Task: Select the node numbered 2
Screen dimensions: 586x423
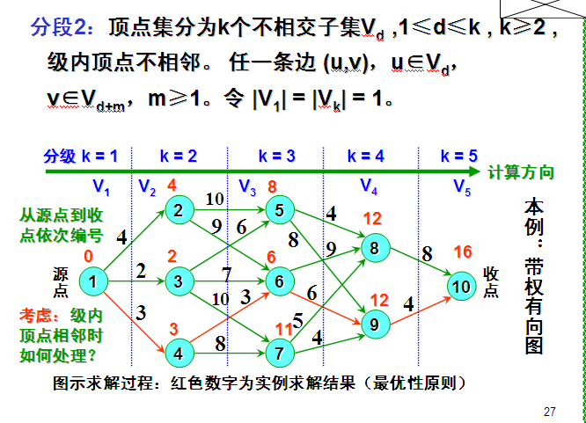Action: (x=179, y=210)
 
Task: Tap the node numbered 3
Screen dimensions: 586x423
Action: (x=179, y=281)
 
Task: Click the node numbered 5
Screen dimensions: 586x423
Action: (x=278, y=210)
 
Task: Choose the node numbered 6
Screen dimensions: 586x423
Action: (x=278, y=281)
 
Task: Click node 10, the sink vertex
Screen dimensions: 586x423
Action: (x=461, y=286)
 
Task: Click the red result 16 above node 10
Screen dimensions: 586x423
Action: (x=463, y=252)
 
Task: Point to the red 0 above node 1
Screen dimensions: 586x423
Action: (x=88, y=256)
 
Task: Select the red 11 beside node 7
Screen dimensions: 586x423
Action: (x=283, y=330)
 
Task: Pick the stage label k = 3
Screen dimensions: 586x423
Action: (x=276, y=157)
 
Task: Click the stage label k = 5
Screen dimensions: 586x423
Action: (x=460, y=157)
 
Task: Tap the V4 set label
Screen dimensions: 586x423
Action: (x=369, y=186)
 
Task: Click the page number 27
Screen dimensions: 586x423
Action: (x=551, y=411)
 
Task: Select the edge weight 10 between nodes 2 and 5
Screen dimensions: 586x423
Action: (x=214, y=199)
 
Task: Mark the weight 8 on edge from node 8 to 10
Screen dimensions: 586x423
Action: (x=427, y=254)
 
